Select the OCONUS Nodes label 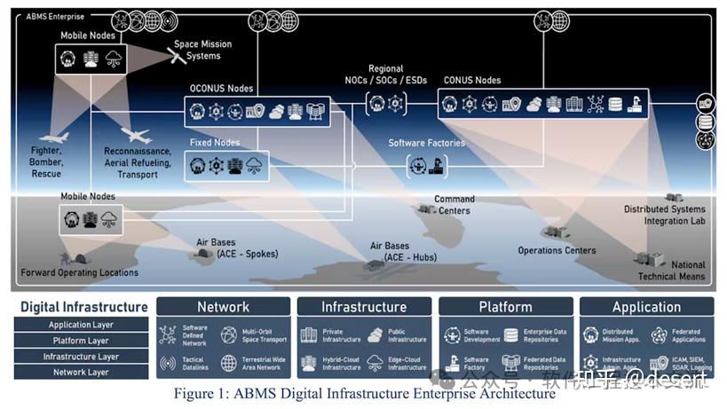pyautogui.click(x=221, y=89)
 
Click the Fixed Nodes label pyautogui.click(x=214, y=142)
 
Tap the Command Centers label pyautogui.click(x=454, y=205)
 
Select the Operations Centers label pyautogui.click(x=557, y=251)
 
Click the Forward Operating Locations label pyautogui.click(x=79, y=272)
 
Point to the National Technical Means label pyautogui.click(x=671, y=271)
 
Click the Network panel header pyautogui.click(x=223, y=307)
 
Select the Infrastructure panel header pyautogui.click(x=363, y=307)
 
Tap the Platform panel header pyautogui.click(x=505, y=307)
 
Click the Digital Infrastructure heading pyautogui.click(x=83, y=307)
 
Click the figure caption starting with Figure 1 pyautogui.click(x=364, y=394)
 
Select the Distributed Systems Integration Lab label pyautogui.click(x=663, y=215)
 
